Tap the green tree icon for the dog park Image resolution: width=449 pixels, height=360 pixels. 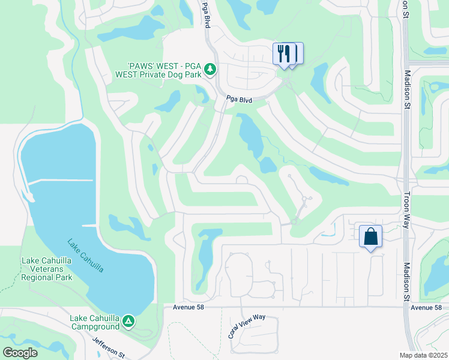point(210,70)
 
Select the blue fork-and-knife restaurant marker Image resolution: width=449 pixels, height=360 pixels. point(284,53)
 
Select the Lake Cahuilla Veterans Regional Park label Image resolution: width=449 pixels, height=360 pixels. point(46,269)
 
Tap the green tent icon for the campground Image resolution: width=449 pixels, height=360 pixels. point(128,322)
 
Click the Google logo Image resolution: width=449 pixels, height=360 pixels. point(20,352)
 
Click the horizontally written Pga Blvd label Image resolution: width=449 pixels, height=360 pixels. point(238,99)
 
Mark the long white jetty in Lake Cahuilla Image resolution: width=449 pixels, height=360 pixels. point(60,181)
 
